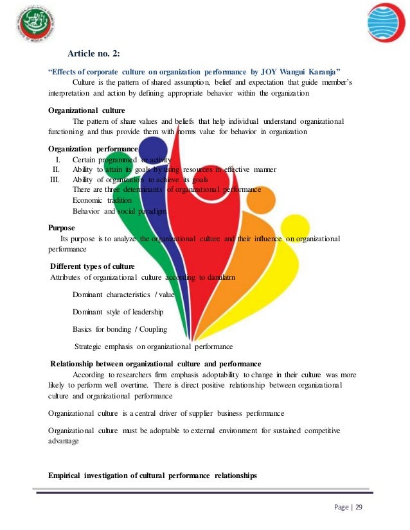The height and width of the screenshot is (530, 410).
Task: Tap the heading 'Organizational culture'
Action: [x=87, y=110]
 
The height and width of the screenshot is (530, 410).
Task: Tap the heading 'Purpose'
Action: [x=62, y=227]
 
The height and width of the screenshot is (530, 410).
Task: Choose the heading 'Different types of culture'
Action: [x=93, y=266]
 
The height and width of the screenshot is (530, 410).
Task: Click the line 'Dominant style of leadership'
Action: [x=118, y=312]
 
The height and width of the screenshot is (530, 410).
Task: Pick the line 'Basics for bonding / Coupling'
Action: [x=120, y=329]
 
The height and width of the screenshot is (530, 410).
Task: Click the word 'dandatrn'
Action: [x=218, y=277]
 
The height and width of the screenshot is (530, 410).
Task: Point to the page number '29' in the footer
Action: [x=359, y=508]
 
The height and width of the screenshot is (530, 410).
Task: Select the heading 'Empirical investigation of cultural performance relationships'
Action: [x=152, y=475]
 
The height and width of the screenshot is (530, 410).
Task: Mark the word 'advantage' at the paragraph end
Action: [x=64, y=441]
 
